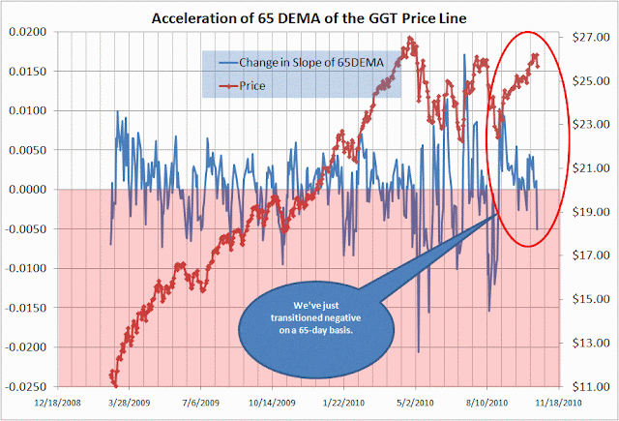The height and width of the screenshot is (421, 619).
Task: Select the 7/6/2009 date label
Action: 197,400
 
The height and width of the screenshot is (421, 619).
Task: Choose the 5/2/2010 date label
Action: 413,400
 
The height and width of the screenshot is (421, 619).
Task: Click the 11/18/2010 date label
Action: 556,400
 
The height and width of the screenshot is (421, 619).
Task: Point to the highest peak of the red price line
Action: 410,39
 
